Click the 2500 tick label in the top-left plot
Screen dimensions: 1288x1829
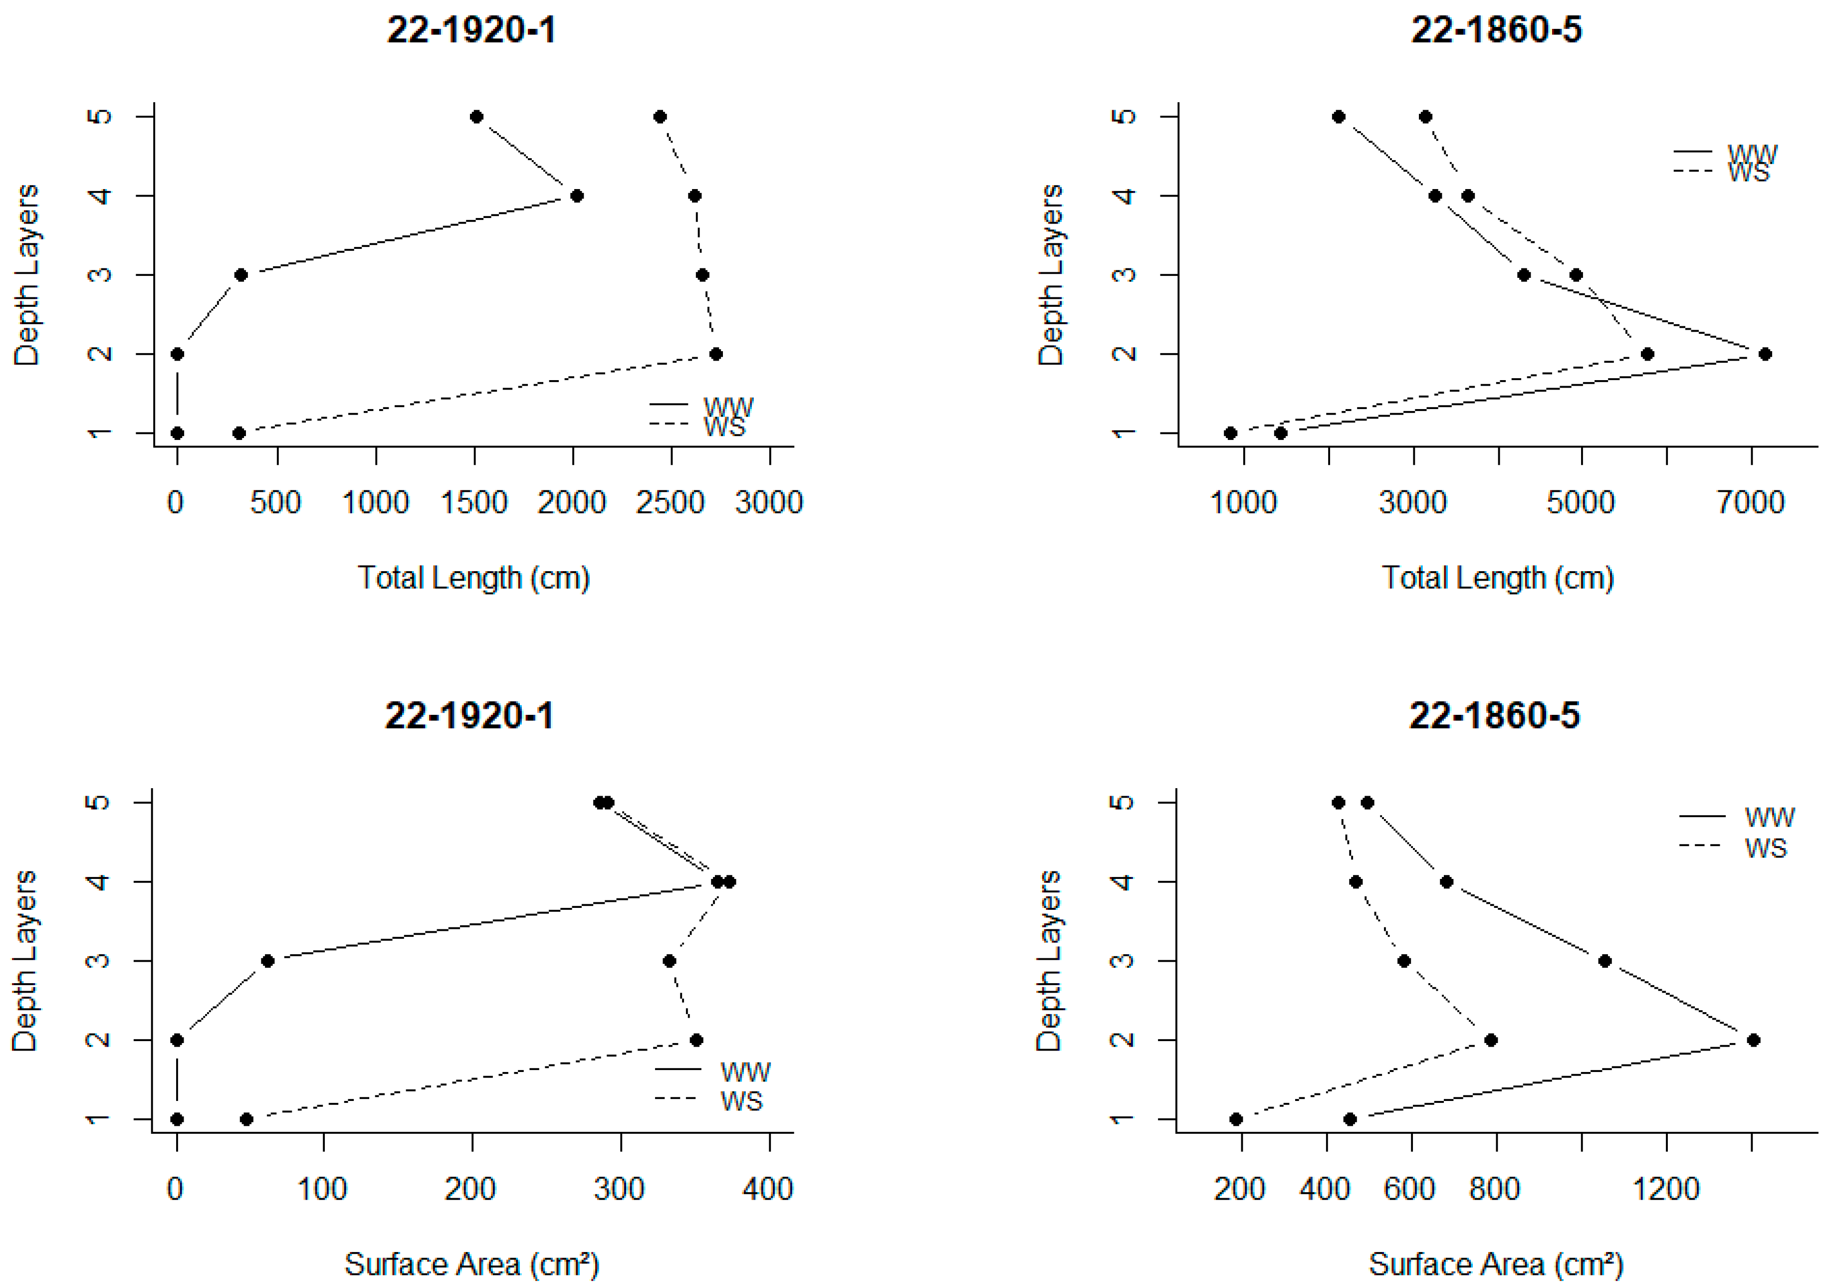pos(670,503)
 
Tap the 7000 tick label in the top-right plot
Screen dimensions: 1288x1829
pos(1750,503)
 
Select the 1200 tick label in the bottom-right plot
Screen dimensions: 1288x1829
pos(1666,1189)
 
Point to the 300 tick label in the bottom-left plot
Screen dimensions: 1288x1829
pos(619,1189)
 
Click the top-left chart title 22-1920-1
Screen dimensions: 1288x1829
pos(471,30)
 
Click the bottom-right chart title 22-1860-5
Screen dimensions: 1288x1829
pos(1494,715)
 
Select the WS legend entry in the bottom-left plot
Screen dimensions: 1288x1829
pos(741,1101)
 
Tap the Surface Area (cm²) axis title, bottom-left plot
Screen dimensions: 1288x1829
pos(471,1264)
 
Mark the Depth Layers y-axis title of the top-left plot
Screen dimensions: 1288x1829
pos(26,275)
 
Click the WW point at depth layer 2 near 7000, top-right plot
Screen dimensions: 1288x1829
pos(1765,355)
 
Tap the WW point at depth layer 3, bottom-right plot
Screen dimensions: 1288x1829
pos(1605,961)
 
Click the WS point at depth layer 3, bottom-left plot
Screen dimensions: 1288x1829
pos(669,961)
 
